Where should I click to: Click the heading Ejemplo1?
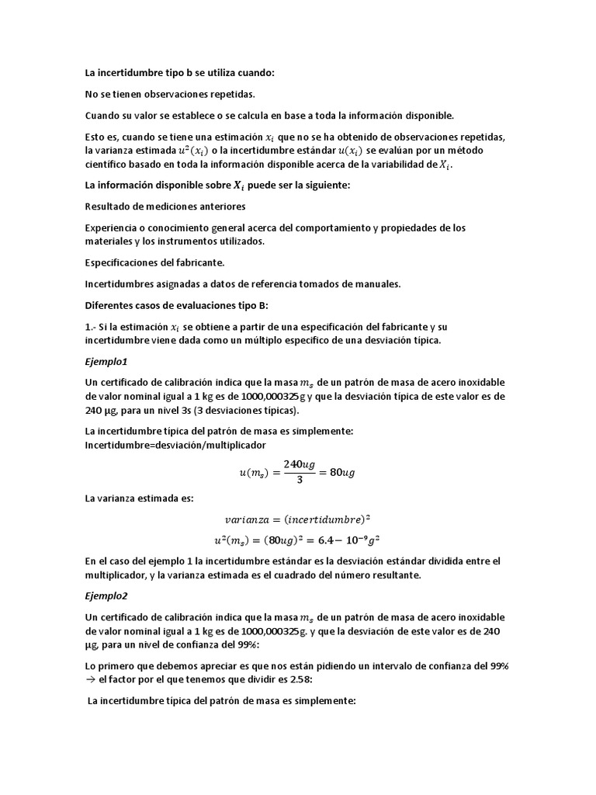click(107, 361)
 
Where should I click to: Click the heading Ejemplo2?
click(107, 595)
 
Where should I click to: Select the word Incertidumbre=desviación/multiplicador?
click(175, 445)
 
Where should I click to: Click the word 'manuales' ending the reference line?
click(379, 284)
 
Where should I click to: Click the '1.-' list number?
click(92, 327)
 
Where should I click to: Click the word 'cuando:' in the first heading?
click(255, 72)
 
